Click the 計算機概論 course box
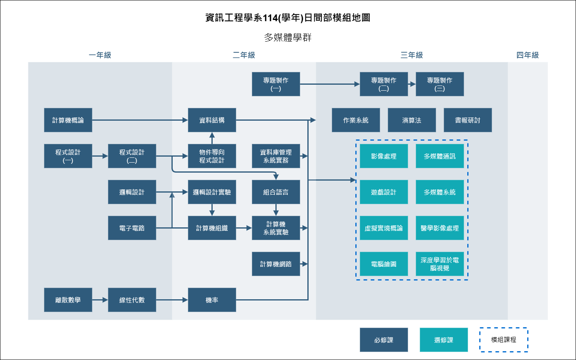pos(68,120)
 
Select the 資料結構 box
pos(212,120)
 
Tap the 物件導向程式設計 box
pos(212,156)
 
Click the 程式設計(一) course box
pos(68,156)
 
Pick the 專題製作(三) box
pos(440,84)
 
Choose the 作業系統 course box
pos(356,120)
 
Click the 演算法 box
pos(412,120)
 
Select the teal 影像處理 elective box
pos(384,156)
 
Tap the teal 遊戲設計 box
pos(384,192)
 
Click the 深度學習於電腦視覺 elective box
pos(440,264)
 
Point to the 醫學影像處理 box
pos(440,228)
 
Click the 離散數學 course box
pos(68,300)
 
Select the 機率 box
pos(212,300)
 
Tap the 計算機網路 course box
pos(276,264)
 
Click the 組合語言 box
pos(276,192)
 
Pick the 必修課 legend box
pos(384,340)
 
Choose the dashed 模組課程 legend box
pos(504,340)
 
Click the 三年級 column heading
pos(412,55)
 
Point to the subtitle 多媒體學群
pos(288,38)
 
